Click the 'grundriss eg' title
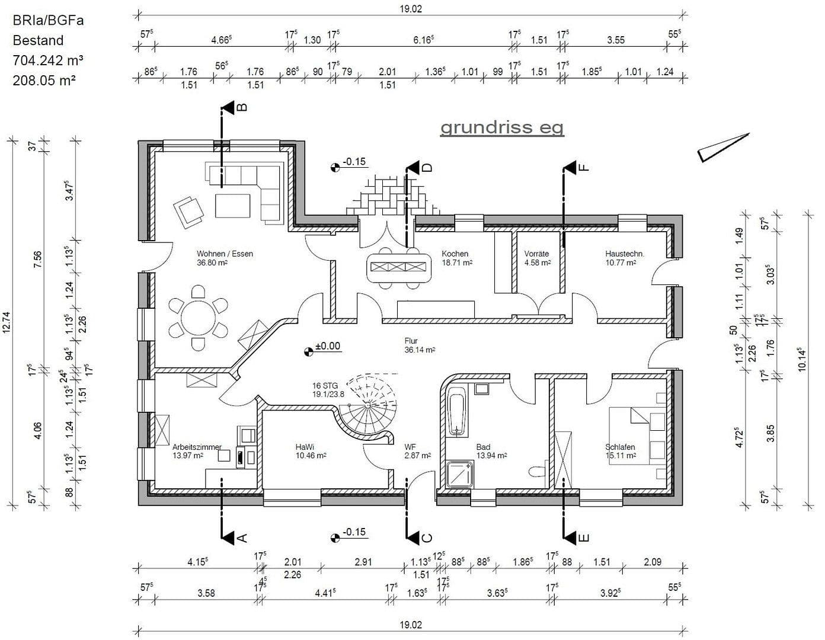click(x=501, y=127)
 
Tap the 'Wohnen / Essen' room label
click(x=225, y=254)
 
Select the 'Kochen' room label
click(x=455, y=254)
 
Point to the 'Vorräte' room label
click(x=536, y=254)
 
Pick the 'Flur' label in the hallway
click(x=411, y=341)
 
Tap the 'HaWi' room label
click(x=305, y=447)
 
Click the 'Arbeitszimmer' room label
click(x=197, y=447)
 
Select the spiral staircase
click(x=367, y=406)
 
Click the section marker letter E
click(x=583, y=538)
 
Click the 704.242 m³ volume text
click(x=48, y=60)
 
